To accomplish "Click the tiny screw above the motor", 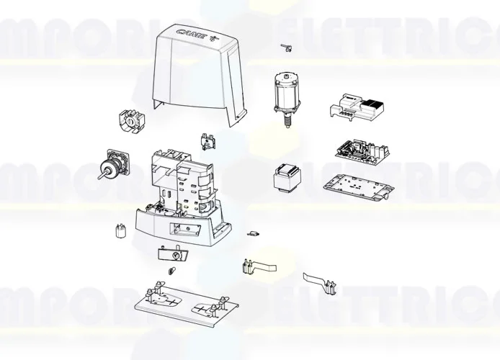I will coord(284,48).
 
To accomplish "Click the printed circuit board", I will coord(362,150).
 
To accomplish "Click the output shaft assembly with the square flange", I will coord(114,168).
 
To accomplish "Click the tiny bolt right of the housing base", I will coord(253,233).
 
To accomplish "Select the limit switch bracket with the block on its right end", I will coord(321,282).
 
